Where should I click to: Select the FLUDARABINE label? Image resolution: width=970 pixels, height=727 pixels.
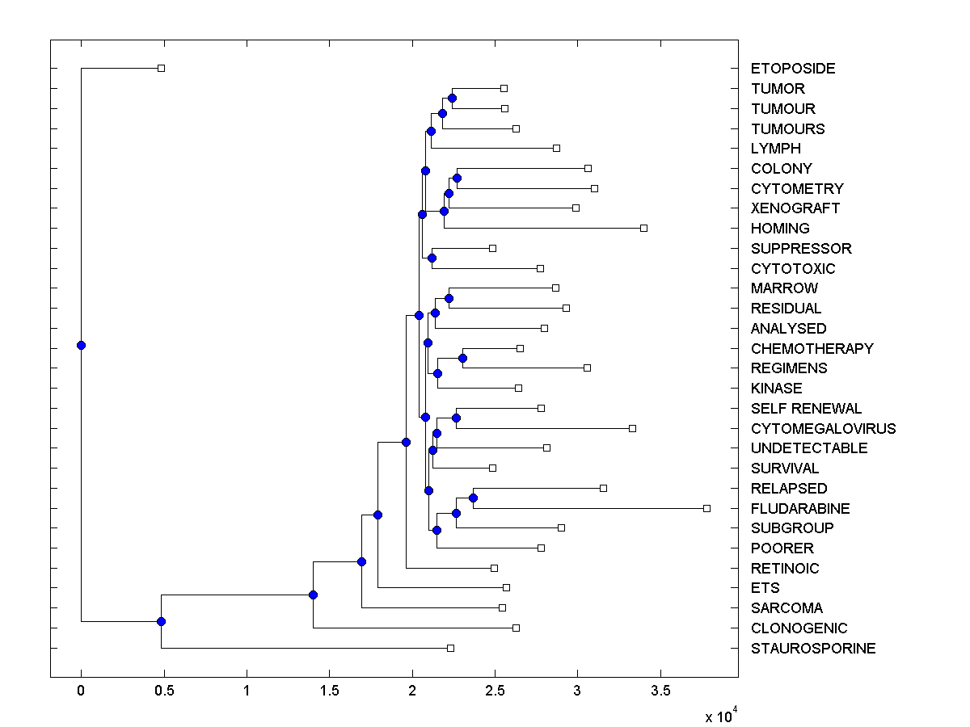(800, 509)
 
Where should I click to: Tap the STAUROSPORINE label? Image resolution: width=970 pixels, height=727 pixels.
(813, 649)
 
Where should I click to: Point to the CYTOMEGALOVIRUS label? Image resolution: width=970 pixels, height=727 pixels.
(823, 429)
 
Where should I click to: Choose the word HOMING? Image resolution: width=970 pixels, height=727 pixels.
(780, 229)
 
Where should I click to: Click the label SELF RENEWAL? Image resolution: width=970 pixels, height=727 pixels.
(806, 409)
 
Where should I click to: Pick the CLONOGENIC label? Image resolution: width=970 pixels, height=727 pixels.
(799, 628)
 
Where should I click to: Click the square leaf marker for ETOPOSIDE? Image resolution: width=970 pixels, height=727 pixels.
(161, 68)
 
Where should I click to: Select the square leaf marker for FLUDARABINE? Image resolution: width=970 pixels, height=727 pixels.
(706, 508)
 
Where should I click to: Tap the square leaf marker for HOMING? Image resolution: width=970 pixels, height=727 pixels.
(643, 228)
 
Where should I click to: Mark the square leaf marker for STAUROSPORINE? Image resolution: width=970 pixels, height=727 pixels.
(450, 648)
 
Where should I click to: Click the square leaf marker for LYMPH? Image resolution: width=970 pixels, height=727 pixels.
(556, 148)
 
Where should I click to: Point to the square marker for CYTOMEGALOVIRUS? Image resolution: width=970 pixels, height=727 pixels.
(632, 428)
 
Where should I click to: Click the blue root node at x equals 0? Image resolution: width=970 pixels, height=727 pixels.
(81, 345)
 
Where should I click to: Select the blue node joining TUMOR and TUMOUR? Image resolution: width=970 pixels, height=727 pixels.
(452, 98)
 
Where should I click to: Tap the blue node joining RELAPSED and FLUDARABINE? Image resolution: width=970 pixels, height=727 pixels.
(473, 498)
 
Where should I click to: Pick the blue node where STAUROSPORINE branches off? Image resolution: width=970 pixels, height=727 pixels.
(161, 621)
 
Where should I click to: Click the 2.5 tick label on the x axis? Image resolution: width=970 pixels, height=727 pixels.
(495, 691)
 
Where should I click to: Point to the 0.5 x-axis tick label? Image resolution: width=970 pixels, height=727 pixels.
(163, 691)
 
